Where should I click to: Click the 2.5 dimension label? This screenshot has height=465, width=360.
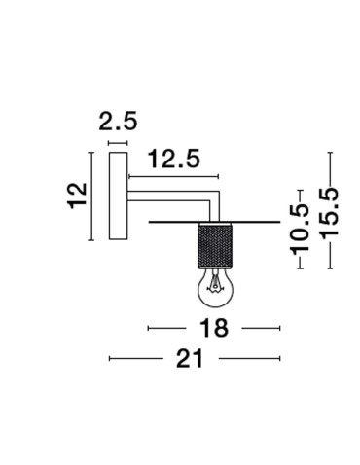click(x=118, y=123)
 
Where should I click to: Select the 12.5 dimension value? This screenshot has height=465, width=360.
click(x=175, y=157)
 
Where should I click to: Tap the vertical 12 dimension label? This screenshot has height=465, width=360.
click(x=80, y=195)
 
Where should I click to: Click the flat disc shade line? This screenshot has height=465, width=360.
click(x=253, y=223)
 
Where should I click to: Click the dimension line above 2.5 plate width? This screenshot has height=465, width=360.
click(x=118, y=143)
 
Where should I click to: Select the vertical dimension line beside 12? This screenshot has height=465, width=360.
click(x=90, y=196)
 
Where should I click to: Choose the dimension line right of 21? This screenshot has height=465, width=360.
click(x=249, y=359)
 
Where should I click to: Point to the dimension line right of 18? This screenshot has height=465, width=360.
click(x=260, y=328)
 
